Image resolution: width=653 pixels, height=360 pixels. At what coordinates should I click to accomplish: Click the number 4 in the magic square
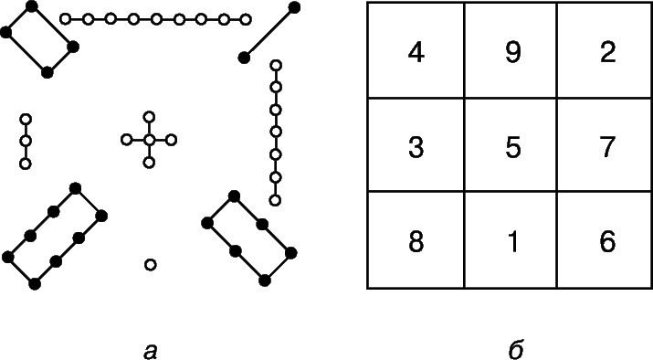pyautogui.click(x=416, y=53)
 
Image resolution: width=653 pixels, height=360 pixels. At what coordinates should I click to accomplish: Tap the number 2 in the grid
pyautogui.click(x=607, y=53)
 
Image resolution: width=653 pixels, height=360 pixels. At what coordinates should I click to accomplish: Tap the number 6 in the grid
pyautogui.click(x=607, y=241)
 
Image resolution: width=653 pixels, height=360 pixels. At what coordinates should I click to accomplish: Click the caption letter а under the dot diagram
pyautogui.click(x=150, y=351)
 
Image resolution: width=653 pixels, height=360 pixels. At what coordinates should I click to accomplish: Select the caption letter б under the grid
pyautogui.click(x=516, y=349)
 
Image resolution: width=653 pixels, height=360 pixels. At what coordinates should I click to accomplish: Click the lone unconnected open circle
pyautogui.click(x=151, y=265)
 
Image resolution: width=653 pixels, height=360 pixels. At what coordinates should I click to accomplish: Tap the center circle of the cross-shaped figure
pyautogui.click(x=149, y=140)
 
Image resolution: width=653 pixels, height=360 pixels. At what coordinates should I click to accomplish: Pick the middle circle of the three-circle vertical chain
pyautogui.click(x=26, y=142)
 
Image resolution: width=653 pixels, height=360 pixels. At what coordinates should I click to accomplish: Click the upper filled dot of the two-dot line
pyautogui.click(x=294, y=7)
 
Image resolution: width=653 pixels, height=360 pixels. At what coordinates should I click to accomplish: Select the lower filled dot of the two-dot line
pyautogui.click(x=244, y=58)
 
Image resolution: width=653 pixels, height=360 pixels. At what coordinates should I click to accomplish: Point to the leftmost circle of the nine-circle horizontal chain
pyautogui.click(x=65, y=19)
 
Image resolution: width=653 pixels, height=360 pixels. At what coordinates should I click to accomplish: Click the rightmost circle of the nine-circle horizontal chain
pyautogui.click(x=246, y=19)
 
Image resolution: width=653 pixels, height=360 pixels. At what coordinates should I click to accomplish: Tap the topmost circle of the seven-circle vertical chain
pyautogui.click(x=276, y=65)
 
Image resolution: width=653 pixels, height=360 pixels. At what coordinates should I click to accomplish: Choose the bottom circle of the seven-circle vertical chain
pyautogui.click(x=275, y=200)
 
